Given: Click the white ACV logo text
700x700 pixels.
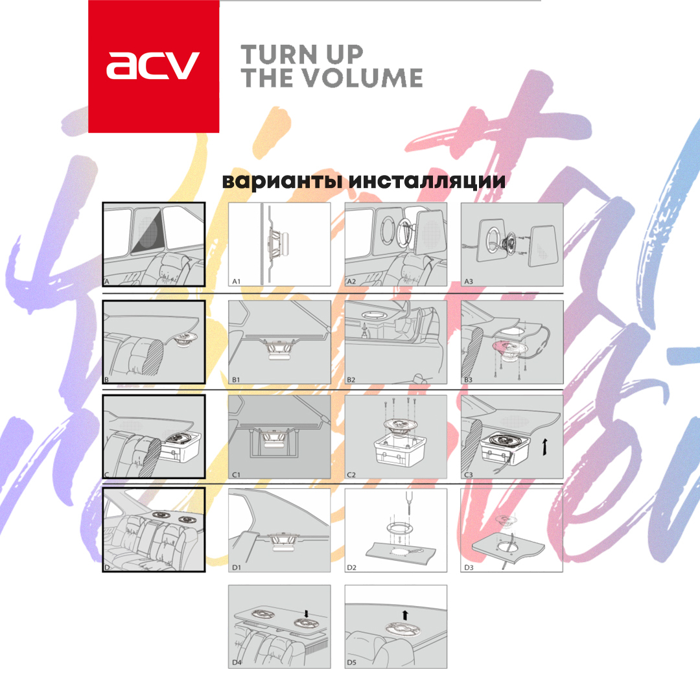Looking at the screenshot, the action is tap(153, 65).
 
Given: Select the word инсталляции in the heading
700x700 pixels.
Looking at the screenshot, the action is tap(426, 181).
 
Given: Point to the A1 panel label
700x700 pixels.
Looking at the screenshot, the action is tap(236, 281).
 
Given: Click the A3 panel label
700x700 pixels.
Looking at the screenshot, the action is tap(469, 281).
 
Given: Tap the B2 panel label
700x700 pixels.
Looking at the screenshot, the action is tap(351, 379).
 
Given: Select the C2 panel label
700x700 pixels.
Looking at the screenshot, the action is tap(351, 474).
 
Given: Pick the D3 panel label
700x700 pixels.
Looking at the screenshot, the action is tap(469, 567).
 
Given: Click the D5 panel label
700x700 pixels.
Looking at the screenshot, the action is tap(352, 662).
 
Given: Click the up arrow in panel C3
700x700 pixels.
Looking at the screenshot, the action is tap(544, 447).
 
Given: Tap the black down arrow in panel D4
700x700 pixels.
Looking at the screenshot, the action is tap(306, 614).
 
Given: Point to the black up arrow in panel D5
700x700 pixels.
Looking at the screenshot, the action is tap(405, 615).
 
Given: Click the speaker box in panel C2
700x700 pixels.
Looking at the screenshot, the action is tap(399, 451).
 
